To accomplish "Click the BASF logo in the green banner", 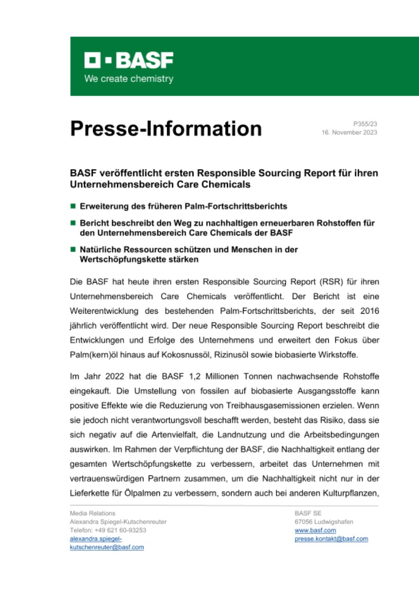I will pos(129,61).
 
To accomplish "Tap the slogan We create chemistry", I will pos(129,79).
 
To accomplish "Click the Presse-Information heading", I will pos(166,128).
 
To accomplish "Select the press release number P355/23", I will pos(365,124).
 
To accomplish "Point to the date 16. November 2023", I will pos(350,132).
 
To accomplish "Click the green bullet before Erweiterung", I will pos(73,204).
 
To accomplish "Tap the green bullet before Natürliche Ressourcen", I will pos(73,249).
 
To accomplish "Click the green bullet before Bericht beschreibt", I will pos(73,222).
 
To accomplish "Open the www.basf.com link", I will pos(315,530).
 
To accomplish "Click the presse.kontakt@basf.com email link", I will pos(331,538).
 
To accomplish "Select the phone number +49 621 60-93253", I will pos(121,530).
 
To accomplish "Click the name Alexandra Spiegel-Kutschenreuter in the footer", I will pos(118,522).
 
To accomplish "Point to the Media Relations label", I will pos(93,513).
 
